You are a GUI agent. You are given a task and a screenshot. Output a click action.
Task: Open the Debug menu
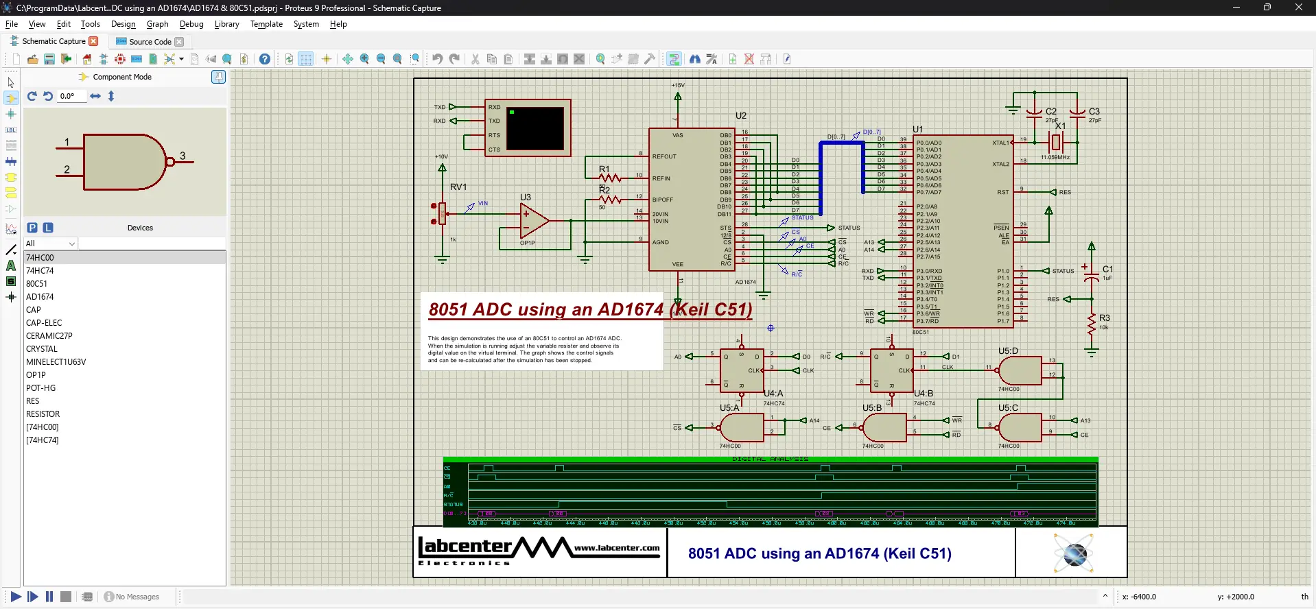(191, 24)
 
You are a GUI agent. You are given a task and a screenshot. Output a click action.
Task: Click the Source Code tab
(150, 42)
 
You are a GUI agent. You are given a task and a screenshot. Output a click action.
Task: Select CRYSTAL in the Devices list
(42, 349)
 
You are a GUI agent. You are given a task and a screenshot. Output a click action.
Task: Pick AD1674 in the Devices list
(40, 297)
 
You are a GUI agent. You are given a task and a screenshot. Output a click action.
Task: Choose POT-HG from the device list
(41, 388)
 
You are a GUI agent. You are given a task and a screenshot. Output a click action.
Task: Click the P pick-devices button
(32, 228)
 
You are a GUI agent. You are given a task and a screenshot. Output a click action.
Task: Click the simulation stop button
(66, 597)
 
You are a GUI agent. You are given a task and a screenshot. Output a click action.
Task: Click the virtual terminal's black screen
(535, 128)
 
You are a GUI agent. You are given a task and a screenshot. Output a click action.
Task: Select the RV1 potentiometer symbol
(443, 213)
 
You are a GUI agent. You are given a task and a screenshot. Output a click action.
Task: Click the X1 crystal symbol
(1057, 143)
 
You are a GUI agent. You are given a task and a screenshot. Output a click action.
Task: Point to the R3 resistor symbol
(1092, 324)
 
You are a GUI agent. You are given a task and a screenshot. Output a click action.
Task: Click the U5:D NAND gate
(1020, 371)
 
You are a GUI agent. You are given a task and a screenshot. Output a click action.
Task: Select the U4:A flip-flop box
(742, 371)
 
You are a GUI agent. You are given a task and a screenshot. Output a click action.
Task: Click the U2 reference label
(741, 116)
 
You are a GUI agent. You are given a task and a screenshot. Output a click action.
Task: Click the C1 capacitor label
(1107, 270)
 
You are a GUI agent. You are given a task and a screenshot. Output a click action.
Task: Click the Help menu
(338, 24)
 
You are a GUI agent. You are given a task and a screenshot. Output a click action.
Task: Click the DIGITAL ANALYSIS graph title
(770, 459)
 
